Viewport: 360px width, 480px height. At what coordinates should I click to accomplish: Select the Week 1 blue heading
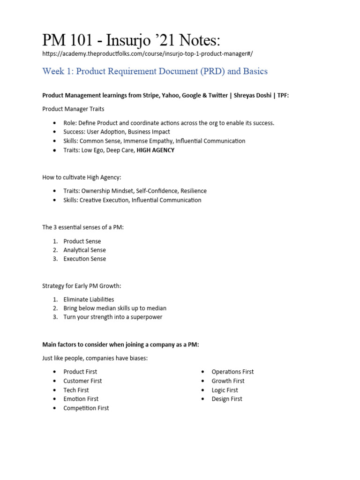(155, 71)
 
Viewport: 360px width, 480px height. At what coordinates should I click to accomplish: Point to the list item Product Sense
(82, 241)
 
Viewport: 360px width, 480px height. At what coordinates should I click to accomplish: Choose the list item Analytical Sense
(84, 250)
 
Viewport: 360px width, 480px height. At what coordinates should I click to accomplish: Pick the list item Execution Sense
(84, 259)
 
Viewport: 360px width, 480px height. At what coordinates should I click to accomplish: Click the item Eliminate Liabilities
(89, 300)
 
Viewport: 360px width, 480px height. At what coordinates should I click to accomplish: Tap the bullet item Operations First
(232, 372)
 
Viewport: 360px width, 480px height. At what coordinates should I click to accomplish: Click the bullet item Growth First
(228, 381)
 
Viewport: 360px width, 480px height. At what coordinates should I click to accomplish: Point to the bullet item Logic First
(225, 390)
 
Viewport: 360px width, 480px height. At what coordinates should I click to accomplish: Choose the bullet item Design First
(227, 399)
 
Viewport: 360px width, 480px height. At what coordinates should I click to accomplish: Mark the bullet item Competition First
(86, 408)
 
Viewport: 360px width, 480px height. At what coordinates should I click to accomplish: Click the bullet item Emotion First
(81, 399)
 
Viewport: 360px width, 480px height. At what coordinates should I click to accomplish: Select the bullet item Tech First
(76, 390)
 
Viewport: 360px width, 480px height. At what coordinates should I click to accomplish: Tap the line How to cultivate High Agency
(82, 177)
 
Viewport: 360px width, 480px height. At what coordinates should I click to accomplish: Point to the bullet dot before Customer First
(55, 381)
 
